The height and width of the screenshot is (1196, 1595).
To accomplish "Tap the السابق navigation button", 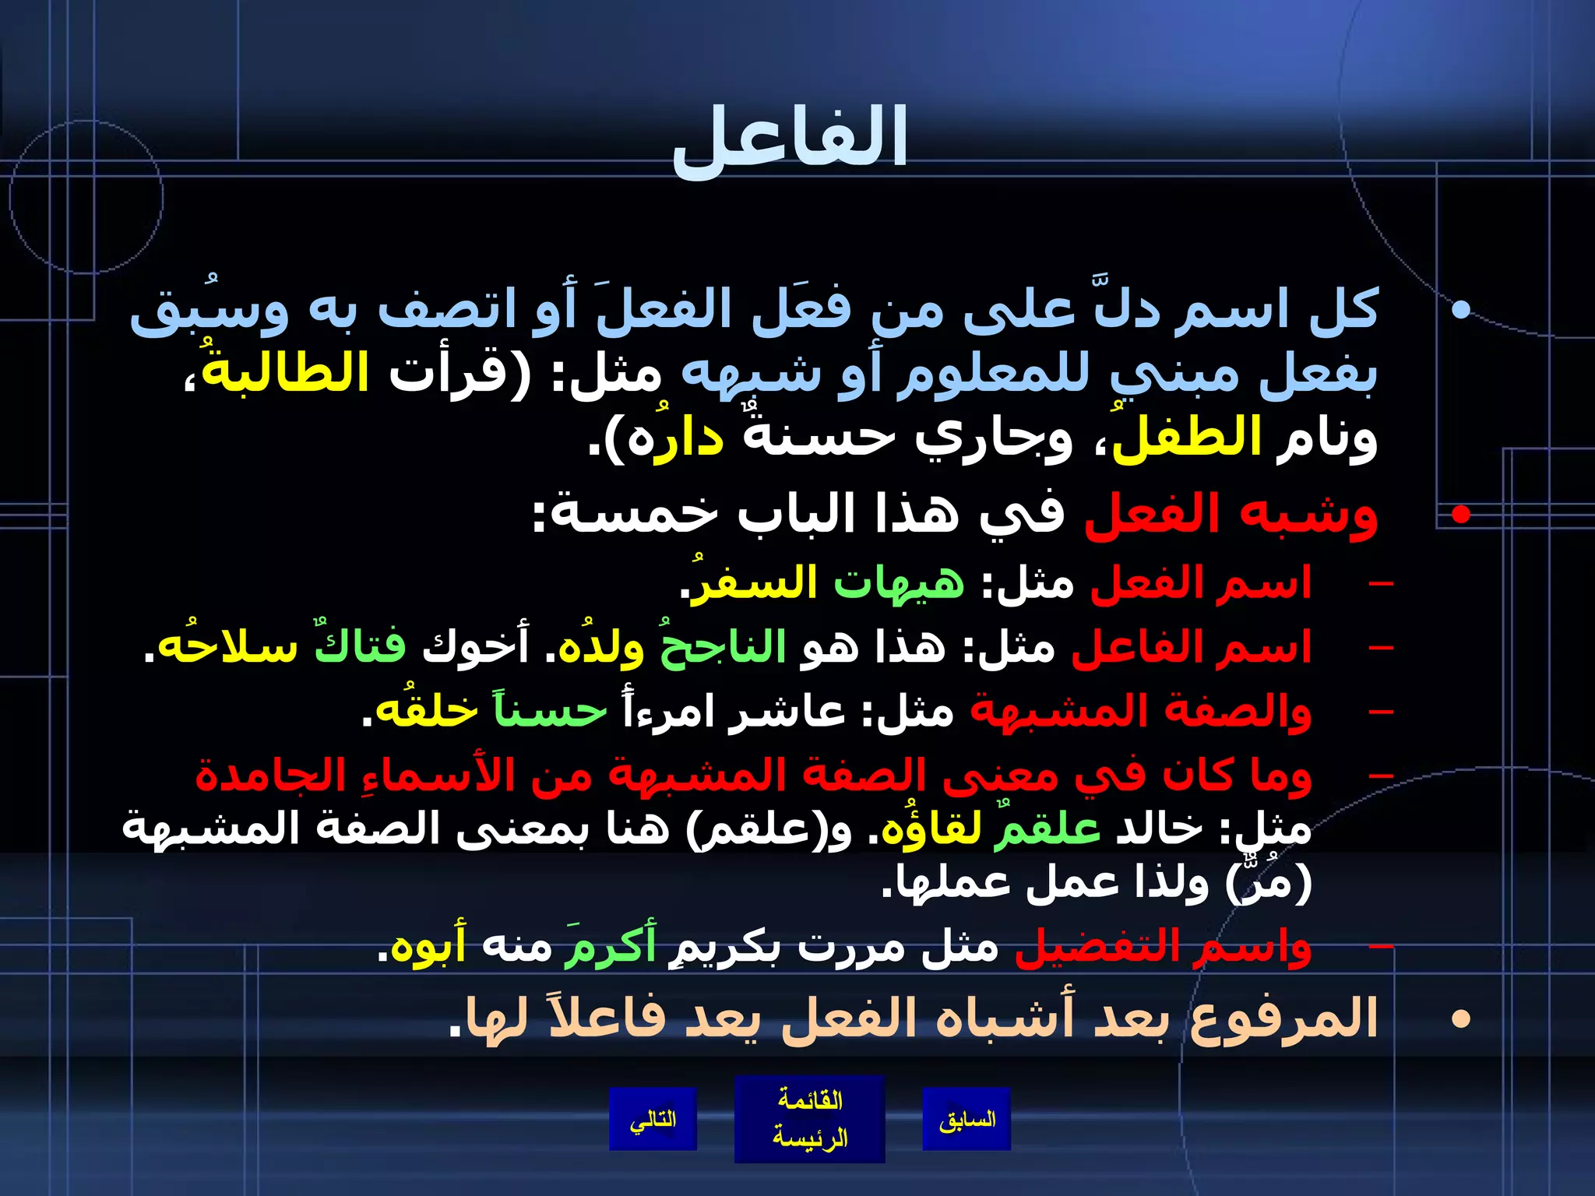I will [x=967, y=1119].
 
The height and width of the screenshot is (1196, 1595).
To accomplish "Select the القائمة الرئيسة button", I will [x=809, y=1119].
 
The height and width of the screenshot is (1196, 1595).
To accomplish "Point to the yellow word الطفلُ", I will [x=1188, y=438].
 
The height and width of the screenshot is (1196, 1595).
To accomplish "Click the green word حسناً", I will [x=550, y=712].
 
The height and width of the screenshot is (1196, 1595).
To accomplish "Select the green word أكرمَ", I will [x=611, y=947].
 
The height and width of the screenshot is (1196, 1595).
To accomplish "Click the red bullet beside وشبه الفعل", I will [x=1461, y=514].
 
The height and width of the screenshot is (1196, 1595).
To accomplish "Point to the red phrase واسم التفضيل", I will [x=1164, y=947].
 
